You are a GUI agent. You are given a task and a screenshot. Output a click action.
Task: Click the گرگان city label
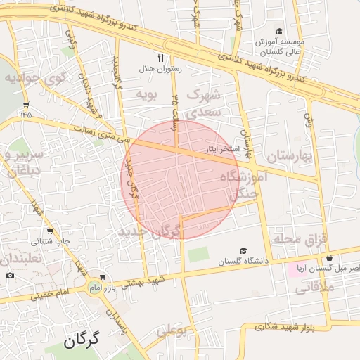(82, 342)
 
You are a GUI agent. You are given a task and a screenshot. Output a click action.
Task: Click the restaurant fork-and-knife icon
(160, 58)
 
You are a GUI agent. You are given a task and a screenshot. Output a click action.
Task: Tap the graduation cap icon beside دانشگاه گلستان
(243, 250)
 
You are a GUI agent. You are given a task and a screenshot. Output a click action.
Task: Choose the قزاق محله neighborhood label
(301, 240)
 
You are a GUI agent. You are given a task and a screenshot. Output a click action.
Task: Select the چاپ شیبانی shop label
(49, 241)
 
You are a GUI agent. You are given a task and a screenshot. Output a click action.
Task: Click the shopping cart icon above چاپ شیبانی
(49, 231)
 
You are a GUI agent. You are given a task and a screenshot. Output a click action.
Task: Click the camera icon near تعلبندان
(10, 274)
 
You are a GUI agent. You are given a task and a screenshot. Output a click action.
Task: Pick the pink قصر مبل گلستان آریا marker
(292, 270)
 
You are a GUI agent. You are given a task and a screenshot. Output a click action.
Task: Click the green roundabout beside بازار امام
(94, 287)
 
